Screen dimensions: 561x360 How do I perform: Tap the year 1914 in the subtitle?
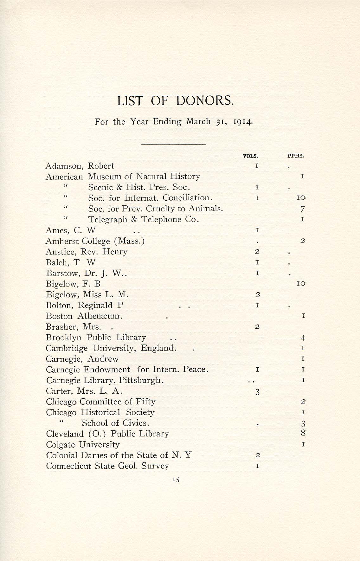pyautogui.click(x=243, y=122)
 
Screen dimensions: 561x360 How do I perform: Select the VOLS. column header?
pyautogui.click(x=250, y=156)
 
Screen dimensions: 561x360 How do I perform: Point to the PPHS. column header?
pyautogui.click(x=295, y=156)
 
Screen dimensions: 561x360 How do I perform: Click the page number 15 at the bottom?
pyautogui.click(x=176, y=480)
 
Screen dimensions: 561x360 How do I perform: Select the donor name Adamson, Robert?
pyautogui.click(x=80, y=166)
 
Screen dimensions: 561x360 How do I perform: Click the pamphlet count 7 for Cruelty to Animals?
pyautogui.click(x=303, y=209)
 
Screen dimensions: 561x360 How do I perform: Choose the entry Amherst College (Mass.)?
pyautogui.click(x=95, y=241)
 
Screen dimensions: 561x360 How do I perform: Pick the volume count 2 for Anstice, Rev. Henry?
pyautogui.click(x=257, y=252)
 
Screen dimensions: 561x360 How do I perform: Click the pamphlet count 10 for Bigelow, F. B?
pyautogui.click(x=300, y=284)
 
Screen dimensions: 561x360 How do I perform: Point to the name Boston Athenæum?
pyautogui.click(x=84, y=316)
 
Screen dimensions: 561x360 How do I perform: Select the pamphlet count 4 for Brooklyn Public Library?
pyautogui.click(x=303, y=338)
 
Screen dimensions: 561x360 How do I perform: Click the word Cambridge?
pyautogui.click(x=67, y=348)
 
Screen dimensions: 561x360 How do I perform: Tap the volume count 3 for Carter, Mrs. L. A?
pyautogui.click(x=257, y=392)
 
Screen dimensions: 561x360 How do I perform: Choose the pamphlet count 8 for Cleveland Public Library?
pyautogui.click(x=303, y=433)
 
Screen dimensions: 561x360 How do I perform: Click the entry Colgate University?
pyautogui.click(x=83, y=445)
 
